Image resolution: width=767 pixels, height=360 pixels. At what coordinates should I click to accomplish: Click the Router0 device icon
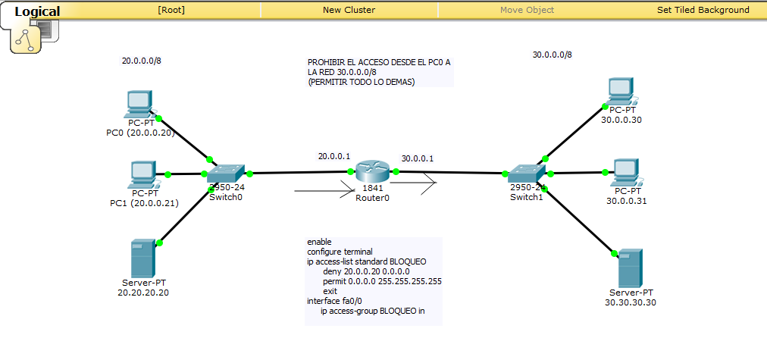tap(371, 171)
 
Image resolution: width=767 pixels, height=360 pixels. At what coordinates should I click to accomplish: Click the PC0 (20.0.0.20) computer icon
tap(139, 103)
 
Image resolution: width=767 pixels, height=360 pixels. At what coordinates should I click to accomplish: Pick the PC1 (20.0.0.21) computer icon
tap(143, 174)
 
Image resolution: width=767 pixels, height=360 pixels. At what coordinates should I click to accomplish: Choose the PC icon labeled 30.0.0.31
tap(625, 173)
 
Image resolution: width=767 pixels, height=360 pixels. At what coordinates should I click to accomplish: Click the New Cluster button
tap(349, 10)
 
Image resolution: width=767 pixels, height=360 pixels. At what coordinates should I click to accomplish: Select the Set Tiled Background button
tap(703, 10)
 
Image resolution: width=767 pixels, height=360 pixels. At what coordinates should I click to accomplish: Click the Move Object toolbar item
tap(527, 10)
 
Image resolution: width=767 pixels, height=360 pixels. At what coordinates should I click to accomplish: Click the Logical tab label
tap(37, 11)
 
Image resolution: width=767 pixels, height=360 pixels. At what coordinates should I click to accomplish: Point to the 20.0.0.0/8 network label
tap(141, 61)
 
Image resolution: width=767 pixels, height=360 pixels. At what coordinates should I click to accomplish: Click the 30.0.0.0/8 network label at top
tap(552, 55)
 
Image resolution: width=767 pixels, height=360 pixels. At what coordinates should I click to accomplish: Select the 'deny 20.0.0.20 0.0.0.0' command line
tap(365, 271)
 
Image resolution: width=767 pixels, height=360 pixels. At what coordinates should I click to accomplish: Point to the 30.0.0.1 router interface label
tap(418, 158)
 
